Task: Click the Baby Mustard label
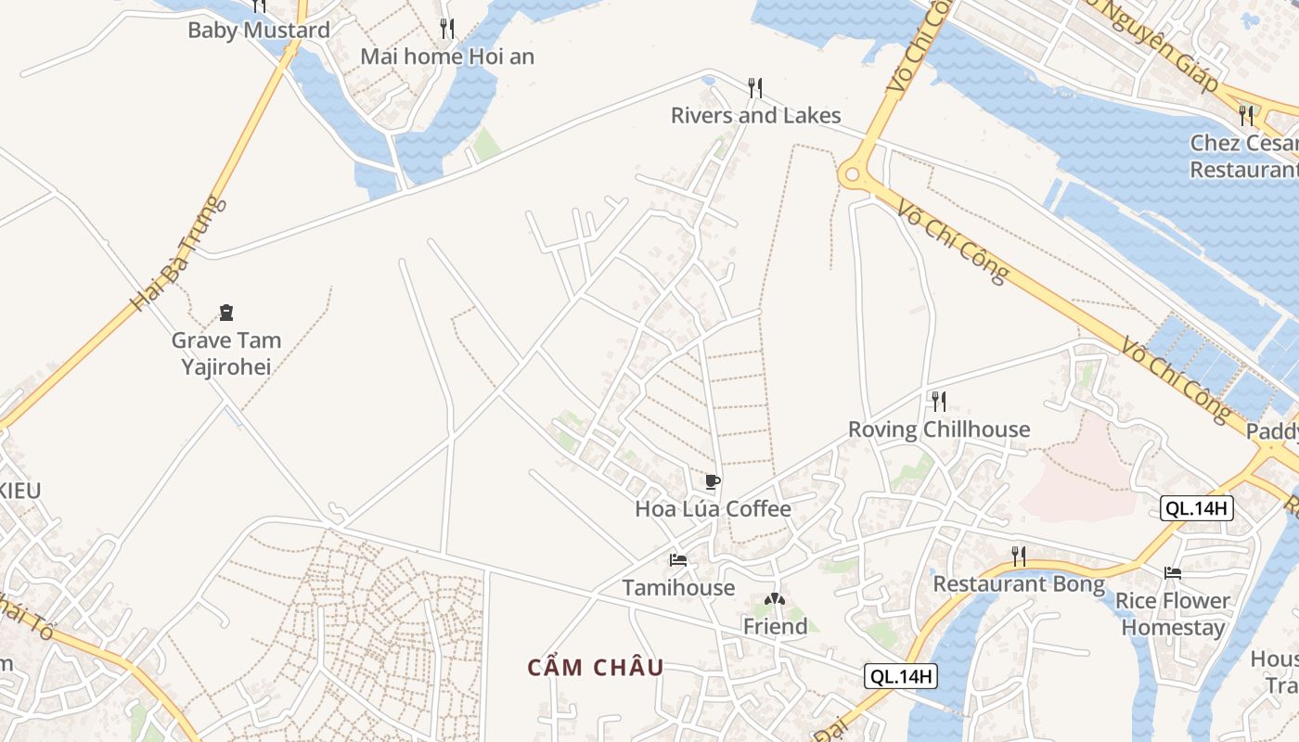[x=258, y=30]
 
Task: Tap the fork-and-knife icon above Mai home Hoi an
[x=447, y=29]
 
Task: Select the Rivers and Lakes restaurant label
[x=755, y=115]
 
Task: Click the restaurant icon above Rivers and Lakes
[x=755, y=88]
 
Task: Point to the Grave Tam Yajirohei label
[x=225, y=353]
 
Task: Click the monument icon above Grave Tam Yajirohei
[x=225, y=313]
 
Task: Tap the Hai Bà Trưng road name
[x=178, y=252]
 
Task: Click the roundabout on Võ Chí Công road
[x=852, y=173]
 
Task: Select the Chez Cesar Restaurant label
[x=1243, y=156]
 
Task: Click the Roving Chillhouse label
[x=939, y=429]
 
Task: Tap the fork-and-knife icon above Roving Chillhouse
[x=939, y=401]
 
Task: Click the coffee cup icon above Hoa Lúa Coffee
[x=712, y=481]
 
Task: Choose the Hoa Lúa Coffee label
[x=713, y=508]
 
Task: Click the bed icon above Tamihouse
[x=678, y=559]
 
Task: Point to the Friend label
[x=775, y=627]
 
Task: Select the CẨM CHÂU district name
[x=596, y=668]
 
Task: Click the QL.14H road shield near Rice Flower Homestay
[x=1197, y=507]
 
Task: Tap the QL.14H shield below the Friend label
[x=900, y=676]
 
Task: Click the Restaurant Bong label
[x=1018, y=584]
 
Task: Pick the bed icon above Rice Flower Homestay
[x=1173, y=573]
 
